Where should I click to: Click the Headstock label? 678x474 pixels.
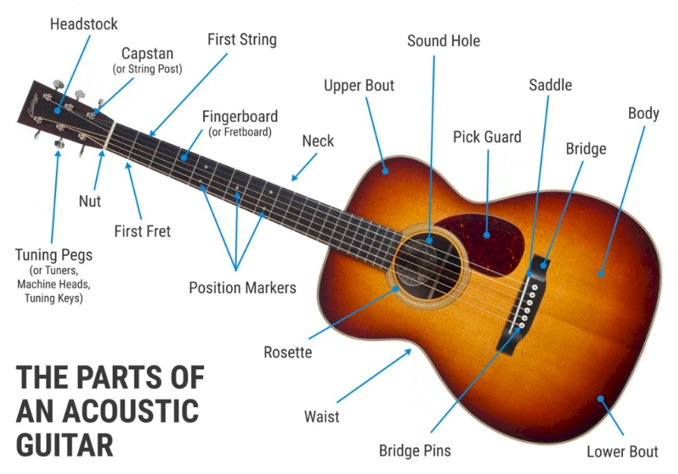click(84, 24)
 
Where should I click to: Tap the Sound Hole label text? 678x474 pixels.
click(443, 41)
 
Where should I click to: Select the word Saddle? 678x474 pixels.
click(550, 85)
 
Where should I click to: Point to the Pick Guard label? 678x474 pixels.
click(487, 137)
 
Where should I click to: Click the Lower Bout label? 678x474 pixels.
click(622, 451)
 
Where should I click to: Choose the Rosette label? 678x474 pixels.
click(287, 352)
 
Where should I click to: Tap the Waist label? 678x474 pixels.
click(322, 417)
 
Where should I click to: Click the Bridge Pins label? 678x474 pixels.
click(415, 450)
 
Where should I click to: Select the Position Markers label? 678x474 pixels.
click(243, 287)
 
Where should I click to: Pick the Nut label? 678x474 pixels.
click(90, 201)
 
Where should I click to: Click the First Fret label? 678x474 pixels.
click(143, 231)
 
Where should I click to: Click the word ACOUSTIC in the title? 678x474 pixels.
click(131, 411)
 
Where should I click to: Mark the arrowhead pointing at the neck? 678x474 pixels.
click(295, 177)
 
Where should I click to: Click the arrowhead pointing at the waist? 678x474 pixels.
click(408, 352)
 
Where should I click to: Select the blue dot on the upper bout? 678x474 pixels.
click(385, 172)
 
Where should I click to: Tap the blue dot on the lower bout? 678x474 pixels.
click(601, 398)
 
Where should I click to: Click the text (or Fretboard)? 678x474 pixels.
click(240, 132)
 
